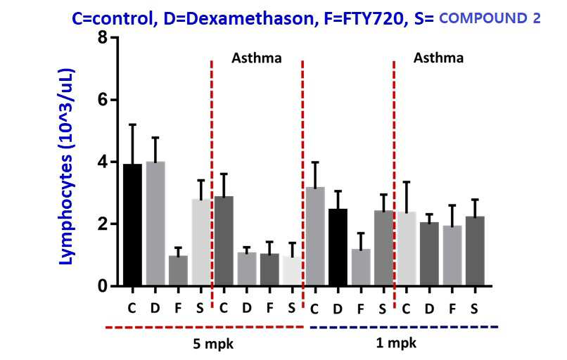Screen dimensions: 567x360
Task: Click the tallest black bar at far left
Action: point(132,225)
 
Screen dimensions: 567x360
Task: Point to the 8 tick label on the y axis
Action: point(103,37)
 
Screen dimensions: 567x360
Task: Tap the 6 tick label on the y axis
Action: point(103,99)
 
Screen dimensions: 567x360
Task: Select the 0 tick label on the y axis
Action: point(103,286)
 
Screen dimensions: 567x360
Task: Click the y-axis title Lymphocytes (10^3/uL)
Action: point(67,166)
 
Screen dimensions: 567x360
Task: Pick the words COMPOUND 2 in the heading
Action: point(490,18)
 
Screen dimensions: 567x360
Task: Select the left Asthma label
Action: point(256,58)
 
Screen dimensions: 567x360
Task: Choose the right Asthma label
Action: point(438,58)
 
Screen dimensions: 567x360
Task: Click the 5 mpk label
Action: point(213,344)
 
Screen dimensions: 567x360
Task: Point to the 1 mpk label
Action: point(396,342)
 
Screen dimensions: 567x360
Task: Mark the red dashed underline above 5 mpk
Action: point(204,327)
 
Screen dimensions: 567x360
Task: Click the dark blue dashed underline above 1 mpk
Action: point(404,327)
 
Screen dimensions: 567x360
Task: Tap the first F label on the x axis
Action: point(178,308)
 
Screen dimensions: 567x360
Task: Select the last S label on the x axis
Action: point(474,309)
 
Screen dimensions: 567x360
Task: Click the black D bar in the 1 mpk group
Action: point(338,247)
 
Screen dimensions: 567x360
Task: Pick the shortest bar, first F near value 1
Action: point(178,271)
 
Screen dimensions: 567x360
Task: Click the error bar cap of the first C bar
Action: point(132,124)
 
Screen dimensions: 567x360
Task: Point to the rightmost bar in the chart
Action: point(475,251)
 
